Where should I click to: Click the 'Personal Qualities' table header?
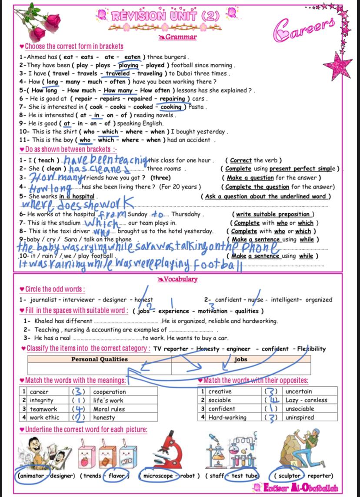100,359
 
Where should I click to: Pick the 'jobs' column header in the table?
240,359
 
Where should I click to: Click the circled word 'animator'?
31,476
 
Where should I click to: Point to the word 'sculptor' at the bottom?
289,476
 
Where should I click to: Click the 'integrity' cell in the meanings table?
41,400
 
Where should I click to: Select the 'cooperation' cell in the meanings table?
110,392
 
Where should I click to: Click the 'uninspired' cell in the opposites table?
300,417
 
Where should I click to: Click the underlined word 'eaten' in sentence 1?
132,57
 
